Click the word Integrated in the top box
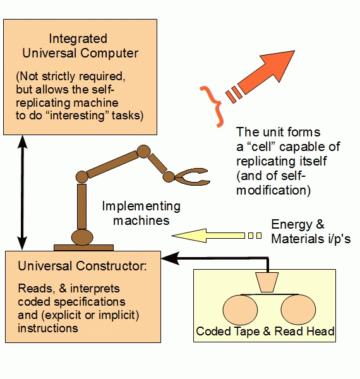point(78,39)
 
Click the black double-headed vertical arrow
point(23,193)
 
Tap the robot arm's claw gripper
point(191,176)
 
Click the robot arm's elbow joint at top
point(143,152)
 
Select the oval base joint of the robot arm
point(82,238)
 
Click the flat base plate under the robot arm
point(83,248)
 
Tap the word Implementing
point(141,207)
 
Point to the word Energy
point(292,224)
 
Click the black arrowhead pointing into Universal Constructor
point(171,258)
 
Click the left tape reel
point(240,310)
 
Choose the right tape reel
point(298,310)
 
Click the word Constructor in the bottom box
point(111,266)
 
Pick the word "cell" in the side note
point(261,147)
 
